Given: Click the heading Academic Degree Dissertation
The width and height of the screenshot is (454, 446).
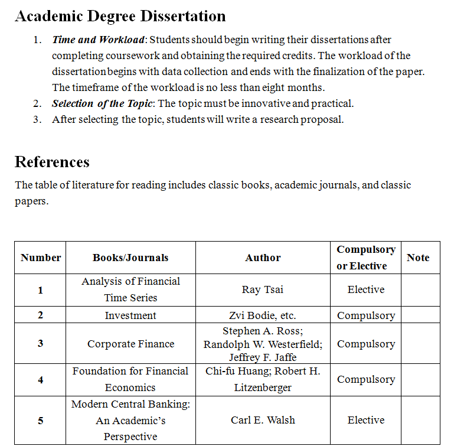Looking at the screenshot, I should coord(120,16).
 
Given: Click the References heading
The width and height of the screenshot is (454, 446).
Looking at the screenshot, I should coord(52,162).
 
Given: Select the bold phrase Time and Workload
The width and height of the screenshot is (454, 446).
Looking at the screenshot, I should coord(98,40).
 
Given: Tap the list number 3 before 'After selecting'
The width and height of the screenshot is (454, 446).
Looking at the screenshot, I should coord(37,119).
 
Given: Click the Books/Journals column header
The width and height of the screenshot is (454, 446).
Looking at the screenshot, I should coord(130,258).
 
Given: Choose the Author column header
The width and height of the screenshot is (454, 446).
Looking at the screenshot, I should coord(263,258).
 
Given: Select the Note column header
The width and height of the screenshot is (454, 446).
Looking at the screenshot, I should coord(418,258).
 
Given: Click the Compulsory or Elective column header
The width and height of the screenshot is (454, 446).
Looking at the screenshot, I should coord(366,258).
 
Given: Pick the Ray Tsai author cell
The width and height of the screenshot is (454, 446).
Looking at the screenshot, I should coord(263,290).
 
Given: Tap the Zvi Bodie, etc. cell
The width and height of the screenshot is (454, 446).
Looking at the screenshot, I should coord(263,315).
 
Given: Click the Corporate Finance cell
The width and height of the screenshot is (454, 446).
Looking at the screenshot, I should coord(130,344).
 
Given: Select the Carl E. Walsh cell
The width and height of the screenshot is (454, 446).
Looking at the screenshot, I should coord(263,420).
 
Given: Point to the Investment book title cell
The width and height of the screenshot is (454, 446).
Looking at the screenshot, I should coord(130,315).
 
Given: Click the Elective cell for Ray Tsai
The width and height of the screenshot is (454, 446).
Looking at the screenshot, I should coord(366,290).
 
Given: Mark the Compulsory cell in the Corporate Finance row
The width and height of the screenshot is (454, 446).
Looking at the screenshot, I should coord(366,344).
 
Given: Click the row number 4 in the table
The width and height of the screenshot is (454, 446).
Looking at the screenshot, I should coord(40,380).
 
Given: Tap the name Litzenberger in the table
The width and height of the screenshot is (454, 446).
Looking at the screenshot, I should coord(263,388).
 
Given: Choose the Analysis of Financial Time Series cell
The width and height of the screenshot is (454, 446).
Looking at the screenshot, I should coord(130,289).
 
